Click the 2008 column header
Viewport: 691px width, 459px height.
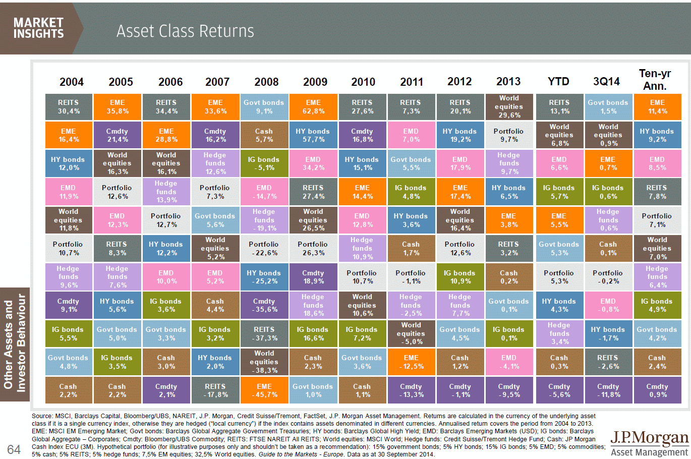click(266, 82)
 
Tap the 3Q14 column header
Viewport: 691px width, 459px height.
click(606, 82)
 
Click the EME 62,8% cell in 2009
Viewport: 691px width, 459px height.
click(313, 107)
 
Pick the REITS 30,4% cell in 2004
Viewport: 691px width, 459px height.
click(69, 107)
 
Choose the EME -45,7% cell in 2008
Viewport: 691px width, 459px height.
click(264, 390)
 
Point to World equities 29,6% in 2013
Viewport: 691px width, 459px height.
click(509, 107)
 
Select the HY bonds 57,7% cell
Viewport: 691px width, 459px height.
click(313, 135)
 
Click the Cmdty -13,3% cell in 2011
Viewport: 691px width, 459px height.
click(411, 390)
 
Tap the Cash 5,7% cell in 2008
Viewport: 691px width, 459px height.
click(264, 135)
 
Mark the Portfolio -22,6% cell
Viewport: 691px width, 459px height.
click(264, 249)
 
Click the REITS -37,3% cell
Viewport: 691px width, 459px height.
click(264, 334)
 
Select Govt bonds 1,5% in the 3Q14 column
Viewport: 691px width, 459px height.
click(608, 107)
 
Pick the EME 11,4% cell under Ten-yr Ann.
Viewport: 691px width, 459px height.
click(657, 107)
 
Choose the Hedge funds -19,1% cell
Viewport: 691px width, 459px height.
click(264, 220)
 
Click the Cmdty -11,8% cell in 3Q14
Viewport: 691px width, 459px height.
click(608, 390)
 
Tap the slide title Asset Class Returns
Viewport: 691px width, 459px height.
click(185, 31)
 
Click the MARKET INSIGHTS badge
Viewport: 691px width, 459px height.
click(39, 28)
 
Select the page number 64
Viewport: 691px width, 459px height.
click(14, 449)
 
